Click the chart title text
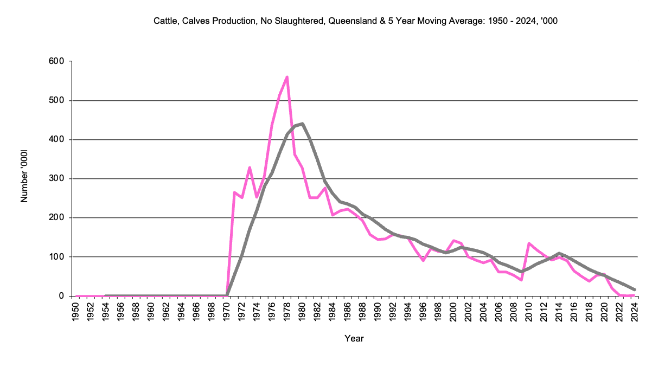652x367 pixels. [x=355, y=21]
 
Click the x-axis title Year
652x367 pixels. [x=354, y=338]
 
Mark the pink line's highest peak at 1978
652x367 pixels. [x=287, y=77]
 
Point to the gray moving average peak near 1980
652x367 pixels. [x=302, y=124]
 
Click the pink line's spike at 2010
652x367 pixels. [x=528, y=243]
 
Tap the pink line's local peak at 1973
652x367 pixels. [x=250, y=168]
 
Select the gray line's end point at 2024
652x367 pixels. [x=634, y=289]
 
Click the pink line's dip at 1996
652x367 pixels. [x=423, y=261]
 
